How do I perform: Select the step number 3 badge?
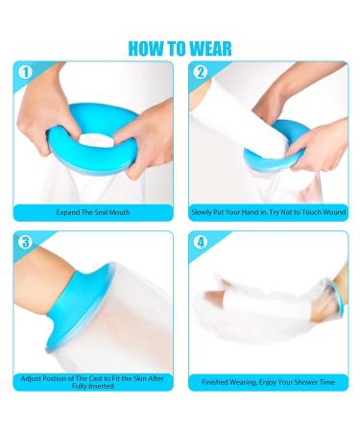[x=26, y=242]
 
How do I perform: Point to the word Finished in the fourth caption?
[x=217, y=382]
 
